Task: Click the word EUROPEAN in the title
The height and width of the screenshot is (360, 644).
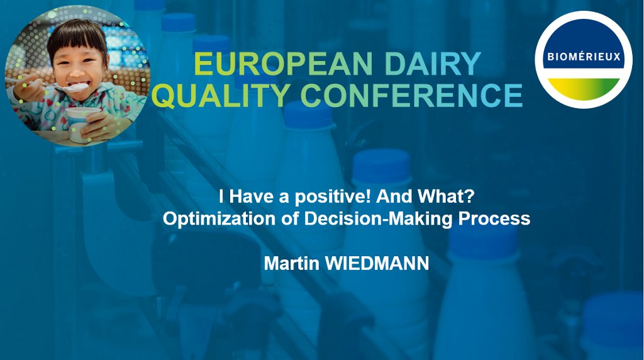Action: (x=283, y=64)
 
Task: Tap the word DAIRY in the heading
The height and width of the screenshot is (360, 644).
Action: (x=433, y=64)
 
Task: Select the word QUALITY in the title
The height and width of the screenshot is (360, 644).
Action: (x=221, y=95)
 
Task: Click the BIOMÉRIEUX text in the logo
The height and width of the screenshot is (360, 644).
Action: (x=584, y=57)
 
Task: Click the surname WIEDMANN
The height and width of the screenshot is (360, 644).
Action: (x=377, y=263)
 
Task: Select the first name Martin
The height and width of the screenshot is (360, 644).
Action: (x=291, y=263)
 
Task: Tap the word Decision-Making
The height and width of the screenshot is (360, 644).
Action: (x=378, y=219)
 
